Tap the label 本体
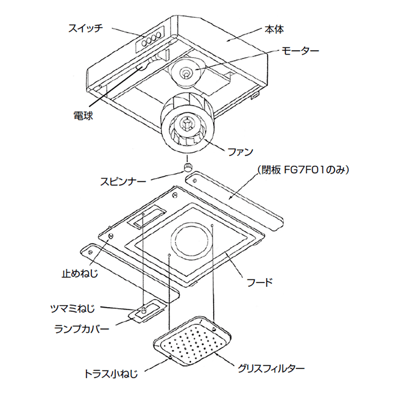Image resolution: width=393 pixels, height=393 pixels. tap(274, 29)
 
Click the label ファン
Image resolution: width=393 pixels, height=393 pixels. tap(240, 151)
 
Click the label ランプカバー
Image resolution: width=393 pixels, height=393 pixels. tap(81, 329)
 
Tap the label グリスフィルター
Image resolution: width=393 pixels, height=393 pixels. tap(271, 369)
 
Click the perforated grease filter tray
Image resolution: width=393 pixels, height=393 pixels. tap(191, 340)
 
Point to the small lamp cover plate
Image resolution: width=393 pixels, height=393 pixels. tap(146, 313)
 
